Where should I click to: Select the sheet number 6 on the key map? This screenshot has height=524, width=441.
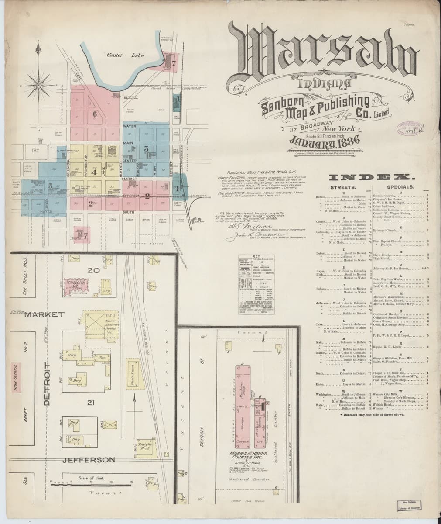pyautogui.click(x=94, y=114)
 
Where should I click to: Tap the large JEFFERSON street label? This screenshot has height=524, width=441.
pyautogui.click(x=89, y=460)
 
